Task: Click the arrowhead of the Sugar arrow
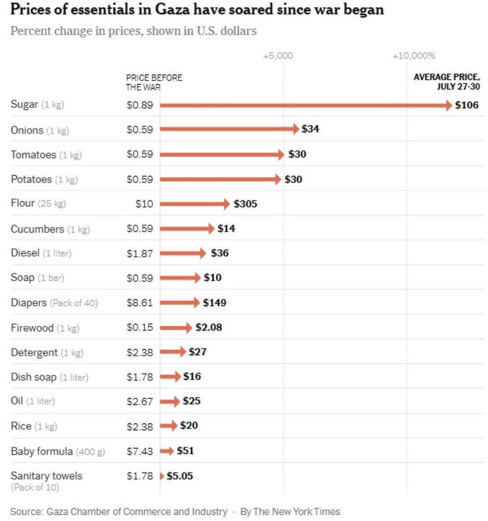click(448, 105)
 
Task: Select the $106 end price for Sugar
click(467, 105)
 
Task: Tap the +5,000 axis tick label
click(278, 56)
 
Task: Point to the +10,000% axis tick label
click(414, 56)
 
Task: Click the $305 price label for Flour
click(245, 203)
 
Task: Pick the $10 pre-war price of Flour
click(144, 203)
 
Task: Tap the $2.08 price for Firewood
click(209, 327)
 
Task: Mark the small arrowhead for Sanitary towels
click(161, 476)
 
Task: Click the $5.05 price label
click(180, 476)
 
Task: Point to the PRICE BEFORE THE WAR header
click(154, 82)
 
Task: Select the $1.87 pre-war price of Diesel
click(140, 253)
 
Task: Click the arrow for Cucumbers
click(187, 228)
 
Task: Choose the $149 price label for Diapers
click(214, 303)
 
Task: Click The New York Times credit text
click(297, 512)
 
